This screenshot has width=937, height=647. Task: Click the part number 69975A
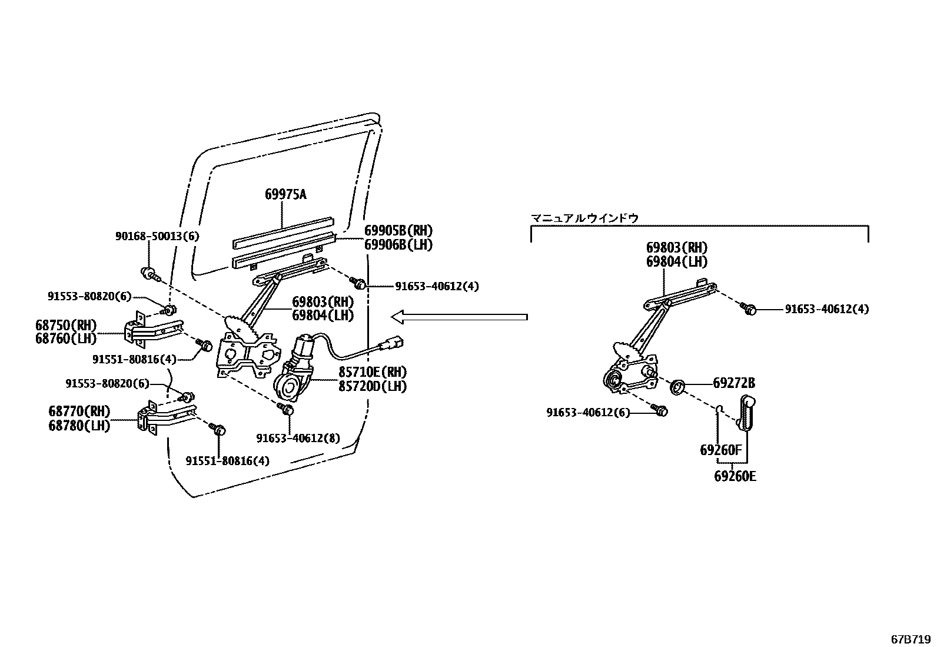pos(285,194)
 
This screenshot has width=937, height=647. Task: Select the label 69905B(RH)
pos(398,231)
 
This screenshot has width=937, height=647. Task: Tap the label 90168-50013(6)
pos(157,237)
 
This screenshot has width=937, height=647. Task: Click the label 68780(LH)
pos(79,425)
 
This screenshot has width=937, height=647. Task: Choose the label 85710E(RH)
pos(372,372)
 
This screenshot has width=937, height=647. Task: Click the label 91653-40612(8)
pos(298,438)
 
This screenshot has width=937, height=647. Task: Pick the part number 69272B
pos(733,383)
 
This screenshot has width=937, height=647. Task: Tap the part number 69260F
pos(720,450)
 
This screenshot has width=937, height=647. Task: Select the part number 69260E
pos(735,476)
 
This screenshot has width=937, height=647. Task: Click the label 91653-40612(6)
pos(587,413)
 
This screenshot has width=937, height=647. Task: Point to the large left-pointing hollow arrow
pos(459,317)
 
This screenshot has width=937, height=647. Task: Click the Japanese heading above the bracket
pos(585,218)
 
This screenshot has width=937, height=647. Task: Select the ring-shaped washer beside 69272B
pos(678,387)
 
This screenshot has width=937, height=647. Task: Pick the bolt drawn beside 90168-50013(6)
pos(149,273)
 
